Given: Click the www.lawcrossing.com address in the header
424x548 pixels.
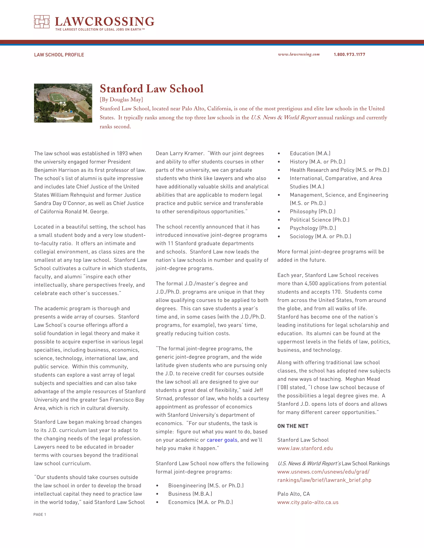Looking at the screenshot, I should (x=299, y=54).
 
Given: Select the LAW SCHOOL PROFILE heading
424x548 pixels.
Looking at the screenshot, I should (x=59, y=55).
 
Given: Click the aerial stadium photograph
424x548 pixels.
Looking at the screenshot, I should (x=63, y=103).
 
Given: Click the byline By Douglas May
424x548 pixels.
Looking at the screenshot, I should (x=121, y=100).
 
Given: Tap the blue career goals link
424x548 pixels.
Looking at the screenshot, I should (x=222, y=440).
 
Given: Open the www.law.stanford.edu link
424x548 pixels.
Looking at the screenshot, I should (x=305, y=448).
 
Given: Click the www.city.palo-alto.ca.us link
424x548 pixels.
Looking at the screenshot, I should (x=308, y=502).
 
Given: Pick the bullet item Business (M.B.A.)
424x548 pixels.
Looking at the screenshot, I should (x=190, y=494).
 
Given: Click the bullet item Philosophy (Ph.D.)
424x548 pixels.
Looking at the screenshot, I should (x=312, y=212).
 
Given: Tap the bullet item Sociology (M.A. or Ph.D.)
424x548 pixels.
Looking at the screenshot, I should (x=320, y=236).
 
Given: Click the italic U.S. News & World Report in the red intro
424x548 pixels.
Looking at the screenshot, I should (x=284, y=118).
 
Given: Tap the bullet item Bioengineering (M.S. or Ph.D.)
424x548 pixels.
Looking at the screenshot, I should (x=206, y=486).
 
